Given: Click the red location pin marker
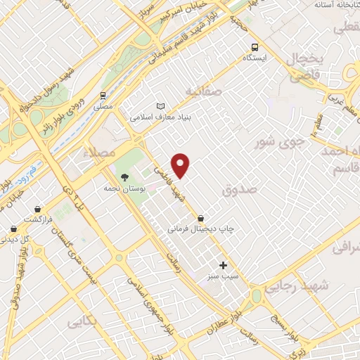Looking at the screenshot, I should pyautogui.click(x=181, y=165).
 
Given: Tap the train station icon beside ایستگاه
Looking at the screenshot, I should pyautogui.click(x=252, y=47).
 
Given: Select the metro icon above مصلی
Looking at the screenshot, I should pyautogui.click(x=103, y=94).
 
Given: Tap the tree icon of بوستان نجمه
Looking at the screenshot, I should pyautogui.click(x=124, y=177).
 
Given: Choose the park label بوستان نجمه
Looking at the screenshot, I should pyautogui.click(x=124, y=189).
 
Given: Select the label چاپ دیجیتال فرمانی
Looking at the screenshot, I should pyautogui.click(x=200, y=229).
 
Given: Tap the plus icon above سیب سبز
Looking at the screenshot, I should pyautogui.click(x=224, y=265).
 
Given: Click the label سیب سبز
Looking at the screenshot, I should pyautogui.click(x=224, y=277).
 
